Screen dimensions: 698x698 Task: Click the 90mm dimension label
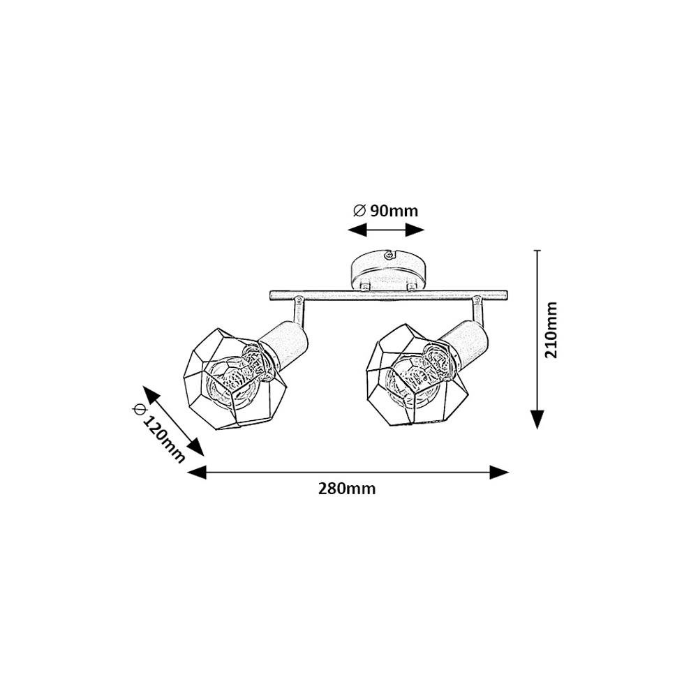pyautogui.click(x=394, y=211)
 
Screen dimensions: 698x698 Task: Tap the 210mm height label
pyautogui.click(x=551, y=330)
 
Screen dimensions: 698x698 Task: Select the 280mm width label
pyautogui.click(x=347, y=489)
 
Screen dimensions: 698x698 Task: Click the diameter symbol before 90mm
pyautogui.click(x=359, y=211)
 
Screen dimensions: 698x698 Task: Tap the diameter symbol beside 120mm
pyautogui.click(x=139, y=408)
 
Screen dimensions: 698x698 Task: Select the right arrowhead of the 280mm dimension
pyautogui.click(x=499, y=472)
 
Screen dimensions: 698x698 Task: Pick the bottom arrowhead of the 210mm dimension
pyautogui.click(x=537, y=419)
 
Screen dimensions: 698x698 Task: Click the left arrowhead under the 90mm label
pyautogui.click(x=357, y=230)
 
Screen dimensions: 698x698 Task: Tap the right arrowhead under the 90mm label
pyautogui.click(x=415, y=230)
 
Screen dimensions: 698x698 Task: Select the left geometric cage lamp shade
pyautogui.click(x=235, y=379)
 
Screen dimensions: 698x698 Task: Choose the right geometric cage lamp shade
pyautogui.click(x=418, y=375)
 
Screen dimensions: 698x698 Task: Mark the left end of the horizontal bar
pyautogui.click(x=271, y=295)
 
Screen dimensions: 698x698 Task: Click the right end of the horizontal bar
pyautogui.click(x=506, y=295)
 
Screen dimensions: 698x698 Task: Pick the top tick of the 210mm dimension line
pyautogui.click(x=537, y=251)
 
